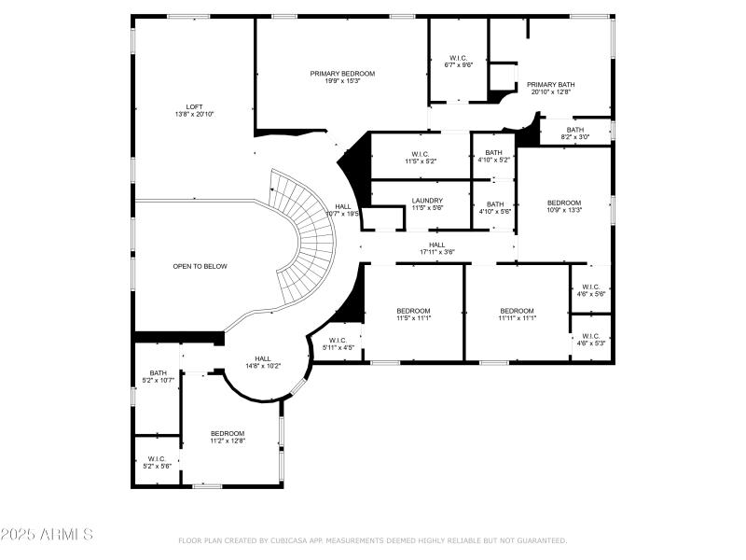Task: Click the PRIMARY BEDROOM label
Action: click(x=342, y=73)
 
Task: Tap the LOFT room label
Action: click(x=194, y=106)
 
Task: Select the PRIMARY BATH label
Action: click(x=550, y=84)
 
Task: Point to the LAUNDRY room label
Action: click(x=427, y=200)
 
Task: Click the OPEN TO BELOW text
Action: click(x=200, y=266)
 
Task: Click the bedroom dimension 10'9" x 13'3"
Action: click(x=563, y=210)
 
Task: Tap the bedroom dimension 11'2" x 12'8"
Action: click(x=227, y=441)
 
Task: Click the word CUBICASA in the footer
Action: click(x=290, y=540)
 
